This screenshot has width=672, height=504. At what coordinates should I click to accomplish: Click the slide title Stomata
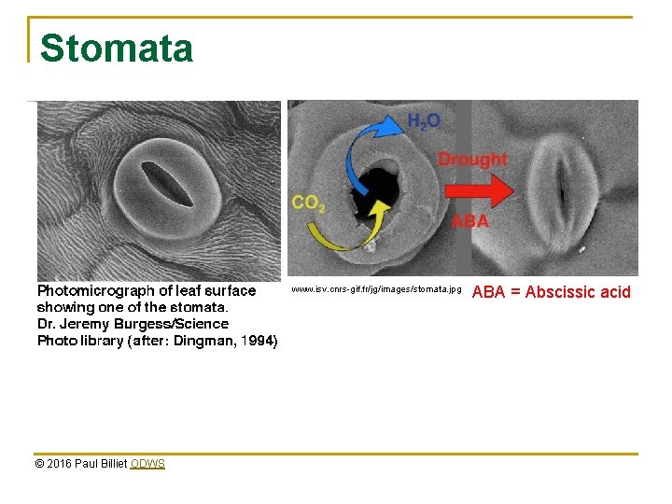pyautogui.click(x=117, y=49)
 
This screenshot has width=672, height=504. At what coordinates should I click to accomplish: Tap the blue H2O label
pyautogui.click(x=424, y=121)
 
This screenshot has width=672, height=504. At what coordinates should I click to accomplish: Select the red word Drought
pyautogui.click(x=472, y=159)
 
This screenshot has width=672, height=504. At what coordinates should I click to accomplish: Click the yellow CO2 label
pyautogui.click(x=308, y=203)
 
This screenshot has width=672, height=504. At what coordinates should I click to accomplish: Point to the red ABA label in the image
pyautogui.click(x=469, y=222)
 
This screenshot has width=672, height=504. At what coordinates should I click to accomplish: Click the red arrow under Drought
pyautogui.click(x=479, y=191)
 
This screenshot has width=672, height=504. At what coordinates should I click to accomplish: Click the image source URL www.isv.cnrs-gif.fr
pyautogui.click(x=375, y=290)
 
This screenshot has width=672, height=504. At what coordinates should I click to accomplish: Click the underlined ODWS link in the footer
pyautogui.click(x=147, y=464)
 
